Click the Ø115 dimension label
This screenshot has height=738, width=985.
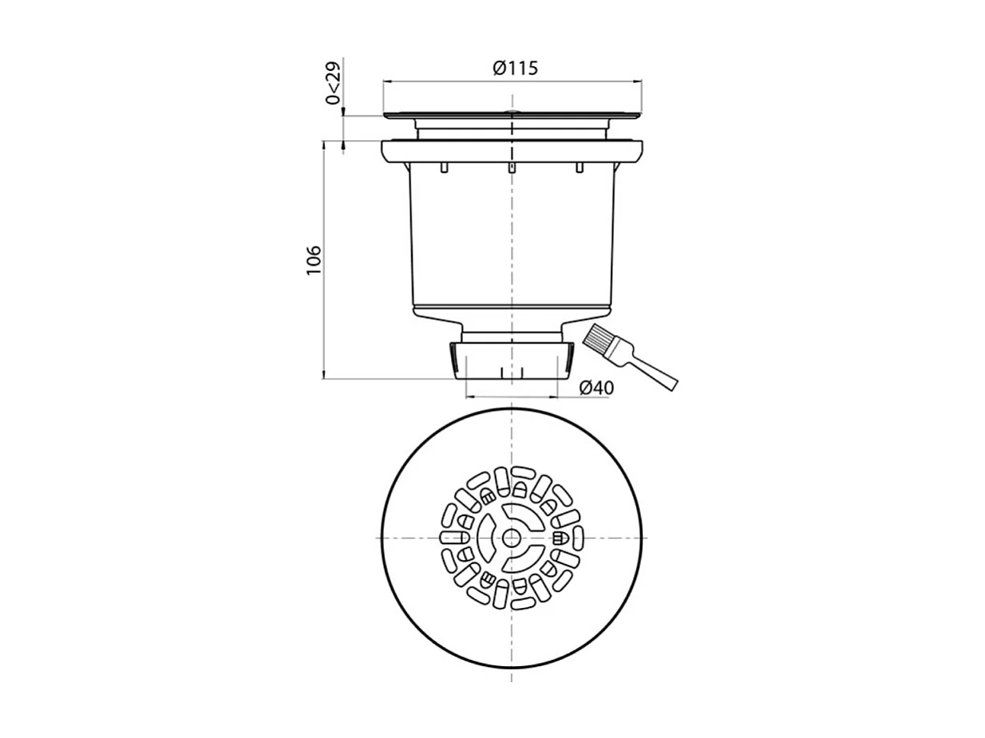[x=515, y=69]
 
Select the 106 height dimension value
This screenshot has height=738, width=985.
[x=314, y=260]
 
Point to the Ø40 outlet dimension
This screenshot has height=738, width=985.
[x=595, y=388]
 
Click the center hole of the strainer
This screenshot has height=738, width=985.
[x=511, y=539]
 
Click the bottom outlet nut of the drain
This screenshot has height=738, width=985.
[x=512, y=361]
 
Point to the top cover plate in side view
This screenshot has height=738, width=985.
[x=512, y=116]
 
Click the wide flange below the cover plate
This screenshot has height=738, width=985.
[x=512, y=151]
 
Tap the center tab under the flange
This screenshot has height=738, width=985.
[x=512, y=168]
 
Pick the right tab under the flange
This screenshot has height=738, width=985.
[x=580, y=168]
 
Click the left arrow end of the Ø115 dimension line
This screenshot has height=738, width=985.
[x=385, y=81]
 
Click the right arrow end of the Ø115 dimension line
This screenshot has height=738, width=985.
[x=641, y=81]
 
